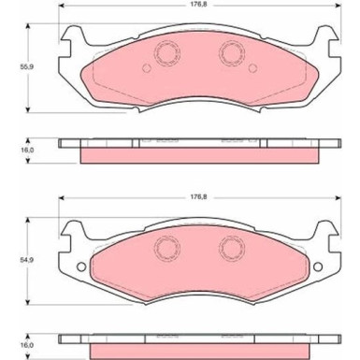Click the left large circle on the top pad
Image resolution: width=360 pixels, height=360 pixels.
click(x=167, y=53)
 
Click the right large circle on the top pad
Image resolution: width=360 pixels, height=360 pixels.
click(x=231, y=53)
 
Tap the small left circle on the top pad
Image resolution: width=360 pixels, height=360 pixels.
click(x=147, y=68)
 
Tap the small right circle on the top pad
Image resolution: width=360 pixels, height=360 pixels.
click(x=252, y=68)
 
